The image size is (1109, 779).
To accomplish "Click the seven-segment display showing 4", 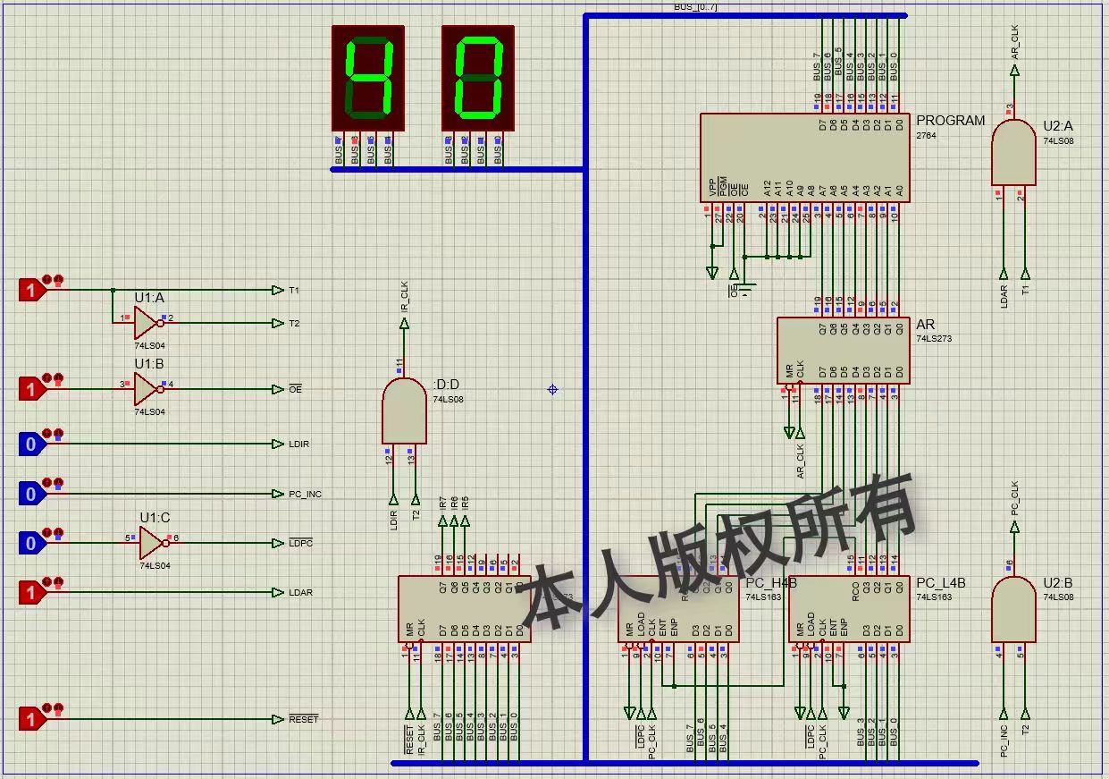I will (x=367, y=78).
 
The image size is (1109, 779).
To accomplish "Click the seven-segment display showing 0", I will (x=478, y=78).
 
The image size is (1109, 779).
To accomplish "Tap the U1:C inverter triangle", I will (x=153, y=543).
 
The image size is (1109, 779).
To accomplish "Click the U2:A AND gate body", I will (x=1013, y=153).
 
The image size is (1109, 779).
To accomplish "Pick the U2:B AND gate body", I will (x=1013, y=609).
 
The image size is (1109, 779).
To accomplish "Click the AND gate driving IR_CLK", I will (x=404, y=411).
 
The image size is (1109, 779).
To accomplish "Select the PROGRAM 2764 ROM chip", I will (x=805, y=157).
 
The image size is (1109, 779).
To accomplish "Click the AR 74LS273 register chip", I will (x=843, y=351).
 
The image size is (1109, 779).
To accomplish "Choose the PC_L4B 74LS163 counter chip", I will (x=849, y=609).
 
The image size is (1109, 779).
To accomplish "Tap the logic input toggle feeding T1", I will (x=31, y=290).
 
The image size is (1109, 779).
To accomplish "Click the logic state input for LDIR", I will (x=31, y=444).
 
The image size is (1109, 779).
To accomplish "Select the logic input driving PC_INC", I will (x=31, y=494).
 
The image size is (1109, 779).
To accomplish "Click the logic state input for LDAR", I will (x=31, y=592).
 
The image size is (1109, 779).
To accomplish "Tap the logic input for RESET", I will (x=31, y=719).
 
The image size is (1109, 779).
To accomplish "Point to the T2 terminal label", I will (x=294, y=324).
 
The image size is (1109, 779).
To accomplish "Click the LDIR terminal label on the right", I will (x=299, y=445).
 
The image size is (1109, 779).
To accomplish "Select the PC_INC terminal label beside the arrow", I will (x=305, y=495).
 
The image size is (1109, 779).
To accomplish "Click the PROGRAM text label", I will (x=950, y=121).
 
